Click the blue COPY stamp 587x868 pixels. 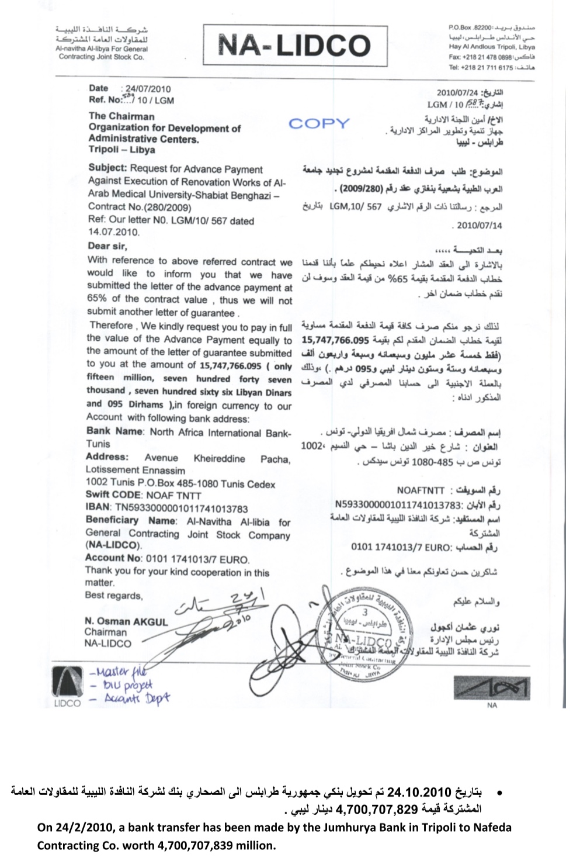pyautogui.click(x=319, y=123)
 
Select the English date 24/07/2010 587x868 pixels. pyautogui.click(x=148, y=89)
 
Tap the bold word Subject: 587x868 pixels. pyautogui.click(x=107, y=168)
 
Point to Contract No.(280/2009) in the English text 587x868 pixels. pyautogui.click(x=140, y=206)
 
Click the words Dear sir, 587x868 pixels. pyautogui.click(x=107, y=246)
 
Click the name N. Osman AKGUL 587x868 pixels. pyautogui.click(x=126, y=621)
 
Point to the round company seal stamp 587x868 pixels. pyautogui.click(x=364, y=632)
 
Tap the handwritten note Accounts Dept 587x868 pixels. pyautogui.click(x=137, y=698)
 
